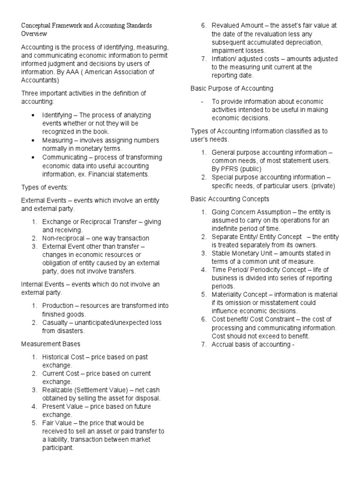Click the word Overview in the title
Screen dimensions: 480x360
pyautogui.click(x=34, y=34)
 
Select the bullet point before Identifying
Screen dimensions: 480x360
pyautogui.click(x=32, y=115)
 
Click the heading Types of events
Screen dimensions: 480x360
pyautogui.click(x=45, y=187)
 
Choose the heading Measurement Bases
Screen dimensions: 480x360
pyautogui.click(x=51, y=344)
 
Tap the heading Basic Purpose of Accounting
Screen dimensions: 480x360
pyautogui.click(x=232, y=89)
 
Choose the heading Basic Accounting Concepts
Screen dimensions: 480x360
pyautogui.click(x=230, y=199)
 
